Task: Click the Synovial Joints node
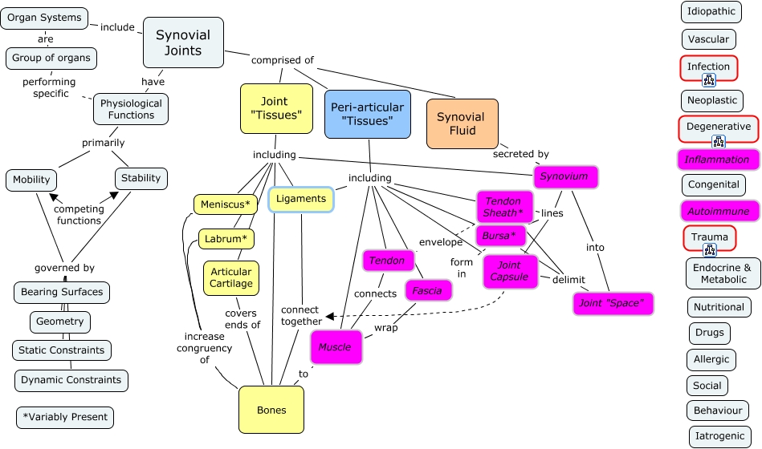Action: coord(183,43)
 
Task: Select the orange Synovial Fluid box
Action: coord(462,123)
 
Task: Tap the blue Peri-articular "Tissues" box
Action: coord(368,114)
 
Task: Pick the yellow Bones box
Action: coord(271,410)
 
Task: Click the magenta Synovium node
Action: coord(564,176)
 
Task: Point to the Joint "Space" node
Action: coord(613,304)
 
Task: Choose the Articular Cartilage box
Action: coord(231,277)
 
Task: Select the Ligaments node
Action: coord(301,199)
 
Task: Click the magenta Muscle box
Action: coord(335,347)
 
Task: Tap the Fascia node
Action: coord(427,291)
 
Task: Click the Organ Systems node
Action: coord(44,18)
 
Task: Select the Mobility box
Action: coord(32,180)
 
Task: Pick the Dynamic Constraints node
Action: coord(71,380)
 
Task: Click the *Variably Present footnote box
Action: coord(65,418)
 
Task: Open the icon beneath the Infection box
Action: coord(709,79)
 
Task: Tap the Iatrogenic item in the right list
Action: coord(719,436)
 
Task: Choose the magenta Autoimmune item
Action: coord(718,212)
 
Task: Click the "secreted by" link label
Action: coord(521,154)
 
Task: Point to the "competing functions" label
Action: coord(79,214)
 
